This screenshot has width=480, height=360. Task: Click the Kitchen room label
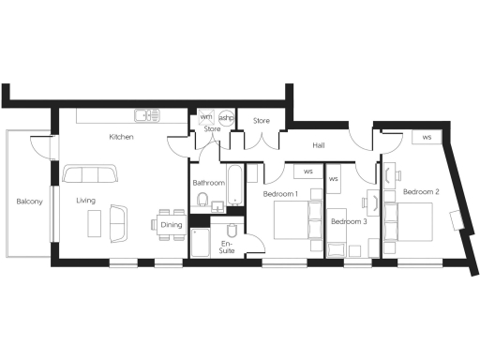[121, 138]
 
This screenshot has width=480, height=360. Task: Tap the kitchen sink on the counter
[144, 116]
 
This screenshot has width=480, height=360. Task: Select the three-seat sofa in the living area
[90, 174]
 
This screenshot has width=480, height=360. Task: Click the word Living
[85, 201]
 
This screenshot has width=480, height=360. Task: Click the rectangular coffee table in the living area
[95, 223]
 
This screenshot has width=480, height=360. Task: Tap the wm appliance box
[205, 117]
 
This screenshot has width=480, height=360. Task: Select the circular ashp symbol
[226, 118]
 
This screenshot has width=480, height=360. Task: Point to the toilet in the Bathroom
[202, 200]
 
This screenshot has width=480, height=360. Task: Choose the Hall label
[319, 145]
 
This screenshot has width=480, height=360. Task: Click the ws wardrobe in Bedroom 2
[427, 138]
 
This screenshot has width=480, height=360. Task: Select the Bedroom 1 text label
[280, 194]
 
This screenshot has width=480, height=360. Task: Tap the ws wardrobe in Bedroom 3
[333, 176]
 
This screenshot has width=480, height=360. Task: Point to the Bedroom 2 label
[421, 192]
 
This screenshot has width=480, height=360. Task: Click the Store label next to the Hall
[262, 120]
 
